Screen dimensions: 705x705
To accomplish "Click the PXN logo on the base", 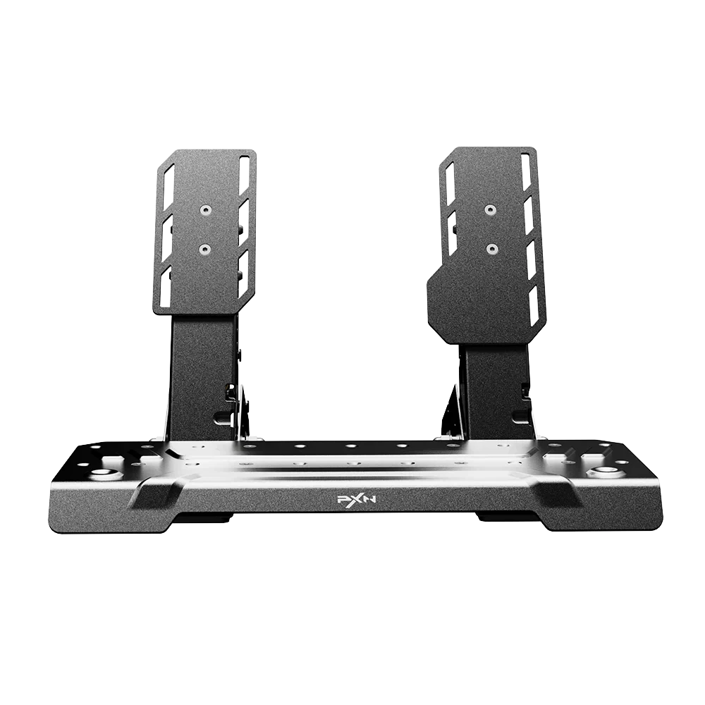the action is click(x=352, y=498).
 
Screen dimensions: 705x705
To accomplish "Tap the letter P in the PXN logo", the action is click(x=342, y=499).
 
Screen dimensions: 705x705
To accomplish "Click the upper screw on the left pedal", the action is click(x=206, y=209).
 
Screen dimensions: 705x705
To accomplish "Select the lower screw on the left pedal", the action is click(x=205, y=249).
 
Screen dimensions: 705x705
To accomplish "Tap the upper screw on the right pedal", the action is click(x=490, y=209).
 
